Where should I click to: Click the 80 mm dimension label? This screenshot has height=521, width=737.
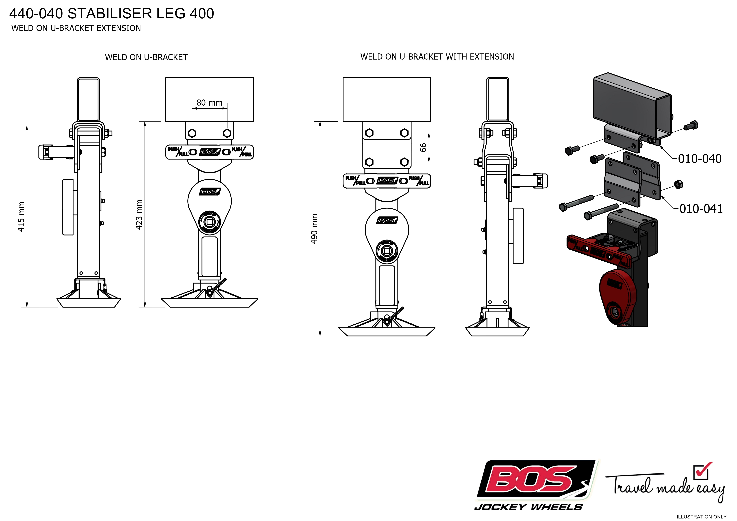[x=209, y=103]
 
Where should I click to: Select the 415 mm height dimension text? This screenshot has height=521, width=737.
[x=21, y=217]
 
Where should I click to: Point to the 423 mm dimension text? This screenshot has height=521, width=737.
[x=139, y=214]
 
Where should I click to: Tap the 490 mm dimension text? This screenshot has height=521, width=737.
[x=315, y=229]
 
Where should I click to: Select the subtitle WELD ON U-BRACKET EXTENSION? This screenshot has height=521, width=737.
[x=76, y=28]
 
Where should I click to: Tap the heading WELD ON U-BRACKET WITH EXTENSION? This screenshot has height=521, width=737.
[x=437, y=57]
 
